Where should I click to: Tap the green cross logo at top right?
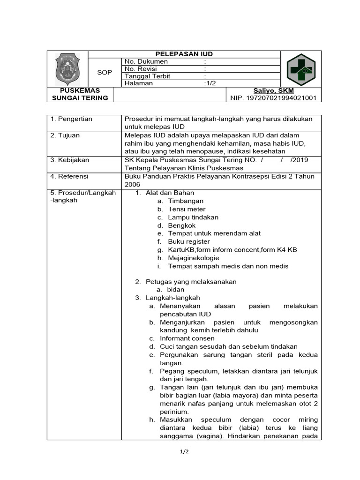(301, 68)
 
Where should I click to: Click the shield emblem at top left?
(67, 69)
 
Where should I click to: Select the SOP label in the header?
(104, 72)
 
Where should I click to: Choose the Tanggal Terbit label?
(147, 76)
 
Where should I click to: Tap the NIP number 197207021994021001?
(273, 98)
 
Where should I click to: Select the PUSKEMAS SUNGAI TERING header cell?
(80, 94)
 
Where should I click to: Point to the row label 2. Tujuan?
(66, 135)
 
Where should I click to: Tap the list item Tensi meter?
(187, 209)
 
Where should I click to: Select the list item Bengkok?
(182, 225)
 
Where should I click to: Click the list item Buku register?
(189, 241)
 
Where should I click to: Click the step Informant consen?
(187, 338)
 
